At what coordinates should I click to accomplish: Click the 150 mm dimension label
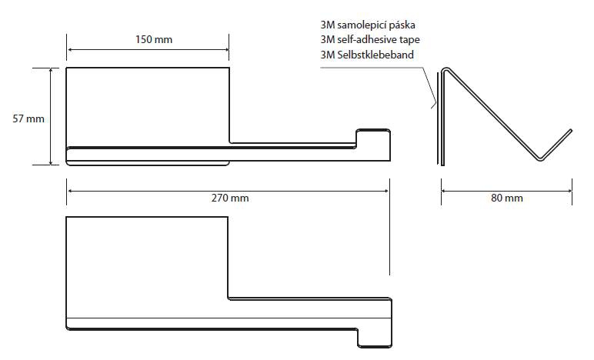click(154, 39)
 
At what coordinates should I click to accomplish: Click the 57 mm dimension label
click(28, 119)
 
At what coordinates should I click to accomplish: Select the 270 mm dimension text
click(230, 198)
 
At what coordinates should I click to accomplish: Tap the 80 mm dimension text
click(507, 198)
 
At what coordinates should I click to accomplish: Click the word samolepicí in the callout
click(363, 25)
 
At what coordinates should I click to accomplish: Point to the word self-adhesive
click(367, 40)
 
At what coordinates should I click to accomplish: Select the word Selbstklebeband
click(375, 55)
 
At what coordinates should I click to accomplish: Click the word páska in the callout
click(404, 25)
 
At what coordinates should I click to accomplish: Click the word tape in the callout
click(409, 40)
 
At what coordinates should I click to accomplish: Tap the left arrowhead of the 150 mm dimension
click(69, 49)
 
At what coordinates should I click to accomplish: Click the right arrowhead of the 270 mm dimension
click(387, 192)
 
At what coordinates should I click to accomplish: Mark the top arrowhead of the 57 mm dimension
click(50, 71)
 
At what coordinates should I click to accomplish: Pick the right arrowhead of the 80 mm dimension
click(569, 192)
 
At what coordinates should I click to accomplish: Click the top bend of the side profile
click(446, 69)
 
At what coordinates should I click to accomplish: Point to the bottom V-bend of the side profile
click(541, 158)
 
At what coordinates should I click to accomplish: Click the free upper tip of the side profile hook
click(570, 131)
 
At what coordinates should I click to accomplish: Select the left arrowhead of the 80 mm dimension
click(444, 192)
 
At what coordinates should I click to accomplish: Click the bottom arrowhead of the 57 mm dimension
click(50, 162)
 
